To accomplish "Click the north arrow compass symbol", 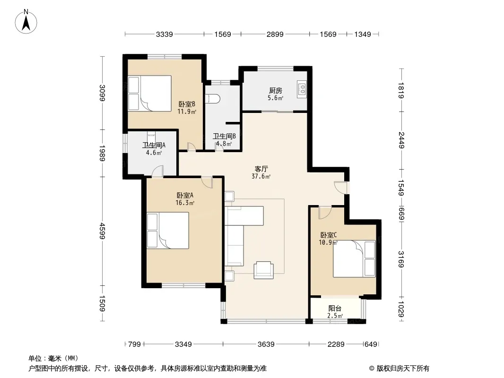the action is pos(26,22).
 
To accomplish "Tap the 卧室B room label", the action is pos(187,104).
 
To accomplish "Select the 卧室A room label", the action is pos(185,195).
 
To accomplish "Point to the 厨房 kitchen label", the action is pos(276,91).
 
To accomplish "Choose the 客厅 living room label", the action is pos(261,169).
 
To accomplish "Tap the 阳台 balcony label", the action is pos(335,309).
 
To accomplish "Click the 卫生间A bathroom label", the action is pos(154,145).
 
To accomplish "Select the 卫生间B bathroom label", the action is pos(225,136).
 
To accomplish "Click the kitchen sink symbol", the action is pos(302,89).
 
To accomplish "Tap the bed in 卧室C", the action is pos(354,258).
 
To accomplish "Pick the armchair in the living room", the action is pos(263,270).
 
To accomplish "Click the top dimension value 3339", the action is pos(164,34).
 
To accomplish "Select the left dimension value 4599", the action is pos(102,231).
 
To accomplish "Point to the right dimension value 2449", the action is pos(401,140).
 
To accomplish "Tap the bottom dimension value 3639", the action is pos(266,344).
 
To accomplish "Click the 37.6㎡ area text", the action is pos(261,176).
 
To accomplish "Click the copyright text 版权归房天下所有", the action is pos(403,369).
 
